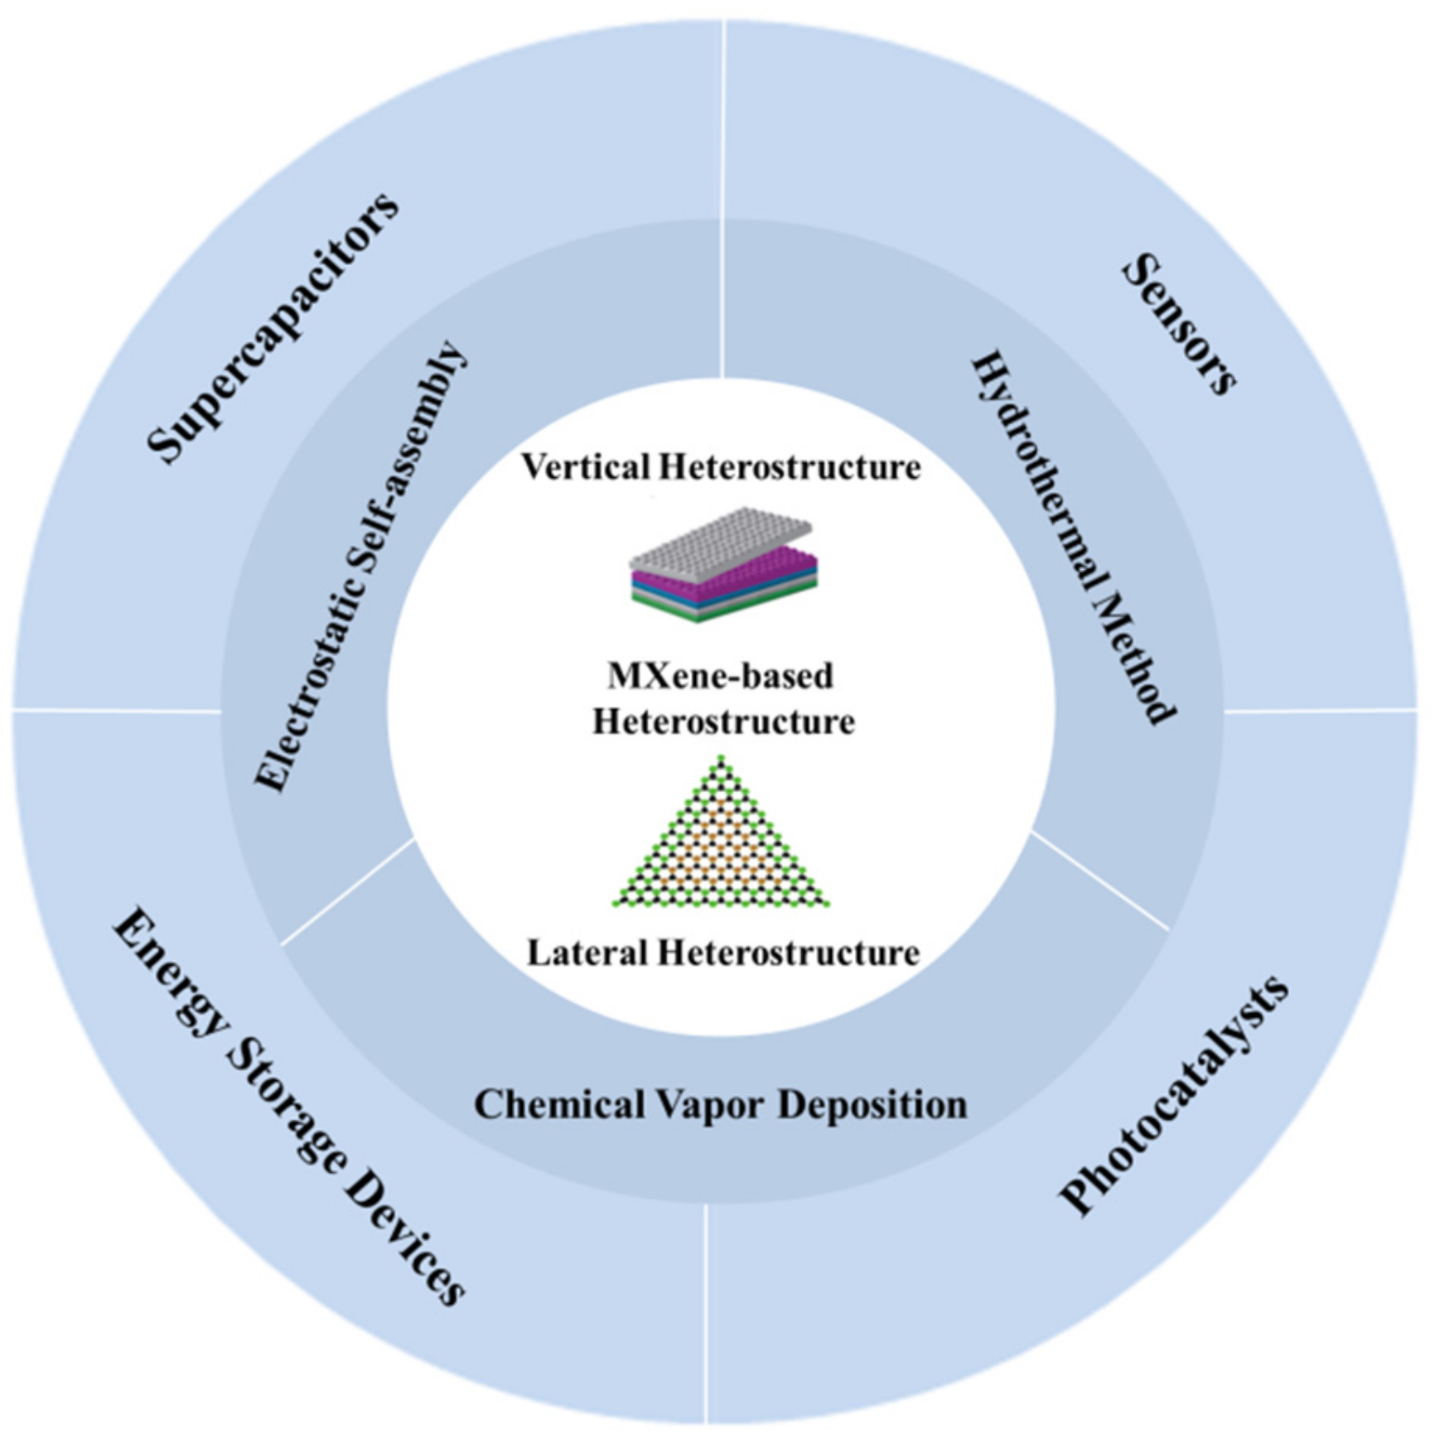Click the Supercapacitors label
click(273, 327)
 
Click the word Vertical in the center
click(585, 467)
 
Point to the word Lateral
click(587, 953)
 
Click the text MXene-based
click(720, 676)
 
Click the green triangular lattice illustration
click(721, 845)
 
